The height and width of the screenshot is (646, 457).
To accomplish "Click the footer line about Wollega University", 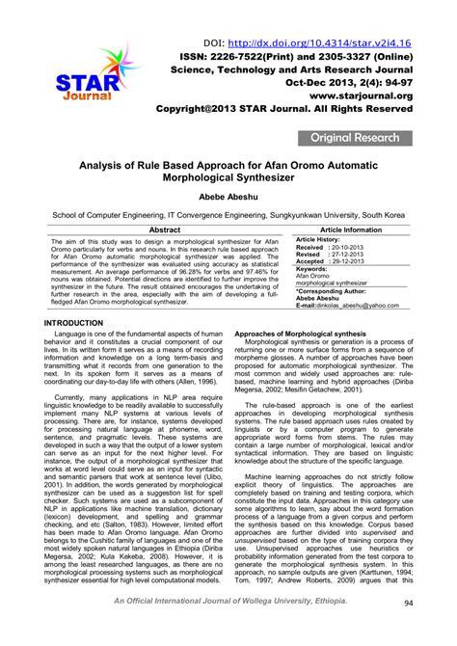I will pos(228,628).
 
